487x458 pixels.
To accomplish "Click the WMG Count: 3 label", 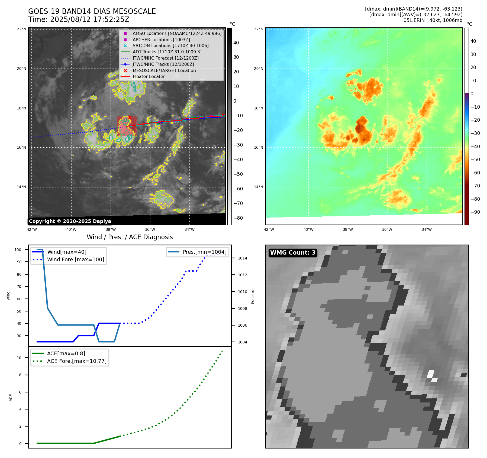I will coord(293,253).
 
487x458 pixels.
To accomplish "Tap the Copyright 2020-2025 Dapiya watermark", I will coord(70,221).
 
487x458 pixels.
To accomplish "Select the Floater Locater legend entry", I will coord(149,77).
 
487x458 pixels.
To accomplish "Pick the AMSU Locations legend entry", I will coord(177,33).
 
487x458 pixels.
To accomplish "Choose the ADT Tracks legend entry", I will coord(167,52).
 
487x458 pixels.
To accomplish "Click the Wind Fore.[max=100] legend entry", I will coord(75,259).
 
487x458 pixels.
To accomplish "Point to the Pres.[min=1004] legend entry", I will coord(204,252).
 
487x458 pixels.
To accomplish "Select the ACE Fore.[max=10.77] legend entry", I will coord(77,361).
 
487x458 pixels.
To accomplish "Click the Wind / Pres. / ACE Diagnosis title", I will coord(130,237).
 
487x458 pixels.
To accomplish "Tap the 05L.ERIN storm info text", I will coord(433,20).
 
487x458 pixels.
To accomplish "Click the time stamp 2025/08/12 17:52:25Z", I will coord(89,20).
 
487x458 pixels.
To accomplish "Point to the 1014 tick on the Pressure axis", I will coord(242,258).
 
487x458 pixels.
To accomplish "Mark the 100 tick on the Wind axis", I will coord(18,250).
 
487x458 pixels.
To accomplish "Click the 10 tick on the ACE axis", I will coord(19,358).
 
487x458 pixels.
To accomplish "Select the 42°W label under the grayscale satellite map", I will coord(32,229).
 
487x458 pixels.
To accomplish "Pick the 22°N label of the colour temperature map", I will coord(259,29).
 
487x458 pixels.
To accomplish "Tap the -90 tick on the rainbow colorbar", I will coord(475,212).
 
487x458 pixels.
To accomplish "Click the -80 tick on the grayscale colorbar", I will coord(238,218).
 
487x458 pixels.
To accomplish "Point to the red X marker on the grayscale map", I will coord(130,117).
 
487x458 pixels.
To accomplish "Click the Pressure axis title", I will coord(253,296).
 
